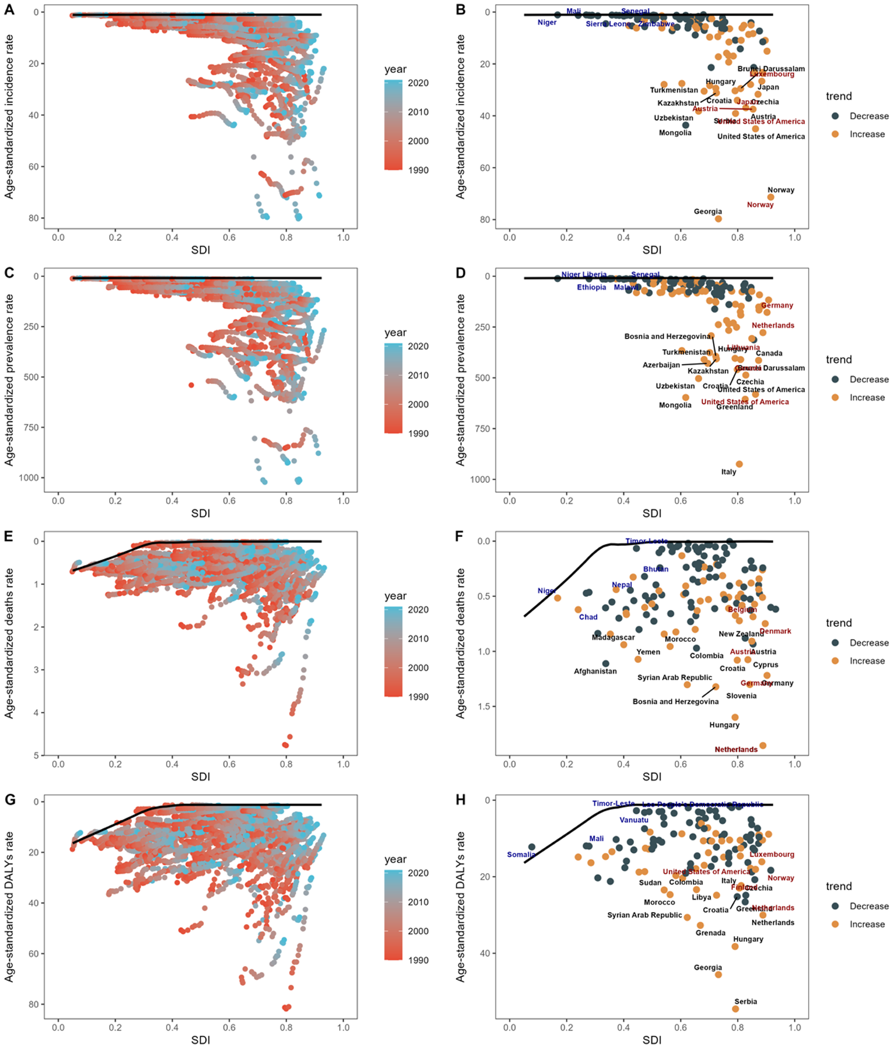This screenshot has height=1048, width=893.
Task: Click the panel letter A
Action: (x=9, y=9)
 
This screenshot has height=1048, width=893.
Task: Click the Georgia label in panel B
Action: (x=707, y=212)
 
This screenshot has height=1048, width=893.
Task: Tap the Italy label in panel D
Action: (x=728, y=472)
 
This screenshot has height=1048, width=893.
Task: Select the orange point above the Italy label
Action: (x=739, y=464)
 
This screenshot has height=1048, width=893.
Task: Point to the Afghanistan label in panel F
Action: (x=595, y=671)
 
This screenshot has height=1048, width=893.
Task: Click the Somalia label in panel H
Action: (x=521, y=854)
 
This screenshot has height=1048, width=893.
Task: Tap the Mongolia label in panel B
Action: (x=674, y=133)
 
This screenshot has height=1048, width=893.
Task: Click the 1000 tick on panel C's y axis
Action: (x=28, y=478)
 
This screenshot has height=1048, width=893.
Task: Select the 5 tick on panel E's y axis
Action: (x=36, y=756)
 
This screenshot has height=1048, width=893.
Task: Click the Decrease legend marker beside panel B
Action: (x=835, y=116)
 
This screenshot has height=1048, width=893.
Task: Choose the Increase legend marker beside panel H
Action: (x=835, y=924)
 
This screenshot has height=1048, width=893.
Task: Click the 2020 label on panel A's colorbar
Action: (x=418, y=83)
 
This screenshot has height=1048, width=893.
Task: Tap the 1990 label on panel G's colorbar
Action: (x=418, y=960)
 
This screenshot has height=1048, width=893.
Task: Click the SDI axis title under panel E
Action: (x=200, y=776)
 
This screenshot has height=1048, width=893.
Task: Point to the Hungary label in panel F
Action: (x=724, y=725)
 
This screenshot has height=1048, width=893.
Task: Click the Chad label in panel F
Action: (x=587, y=616)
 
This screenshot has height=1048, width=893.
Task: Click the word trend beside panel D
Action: (x=838, y=360)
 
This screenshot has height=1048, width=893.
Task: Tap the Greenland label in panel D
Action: (x=734, y=407)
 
